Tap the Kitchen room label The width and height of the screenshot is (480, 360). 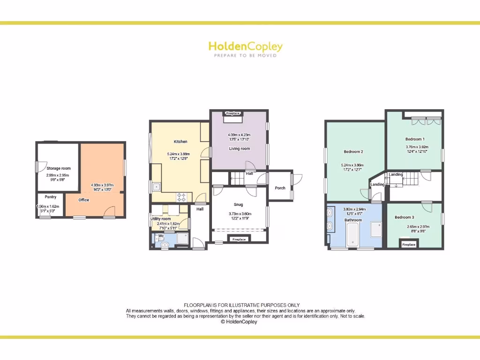pos(180,142)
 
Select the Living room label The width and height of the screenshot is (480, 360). pos(240,149)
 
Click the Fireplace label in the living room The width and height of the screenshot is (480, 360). pos(233,113)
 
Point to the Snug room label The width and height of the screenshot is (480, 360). pos(238,204)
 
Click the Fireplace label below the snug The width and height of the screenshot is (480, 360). pos(239,240)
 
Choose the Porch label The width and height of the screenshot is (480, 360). pos(280,188)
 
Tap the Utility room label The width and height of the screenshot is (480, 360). pos(160,219)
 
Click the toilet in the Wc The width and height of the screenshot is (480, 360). pos(164,244)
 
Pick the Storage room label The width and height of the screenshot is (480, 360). pos(59,168)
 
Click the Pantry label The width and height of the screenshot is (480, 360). pos(51,197)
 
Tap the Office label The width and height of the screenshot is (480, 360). pos(84,200)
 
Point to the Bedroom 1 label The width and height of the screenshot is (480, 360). pos(415,139)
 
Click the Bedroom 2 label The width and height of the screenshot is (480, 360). pos(353,151)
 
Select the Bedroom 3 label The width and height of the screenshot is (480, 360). pos(404,217)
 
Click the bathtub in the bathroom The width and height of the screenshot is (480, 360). pos(352,235)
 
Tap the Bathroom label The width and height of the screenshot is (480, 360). pos(353,220)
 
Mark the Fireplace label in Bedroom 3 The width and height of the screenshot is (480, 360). pos(409,244)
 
